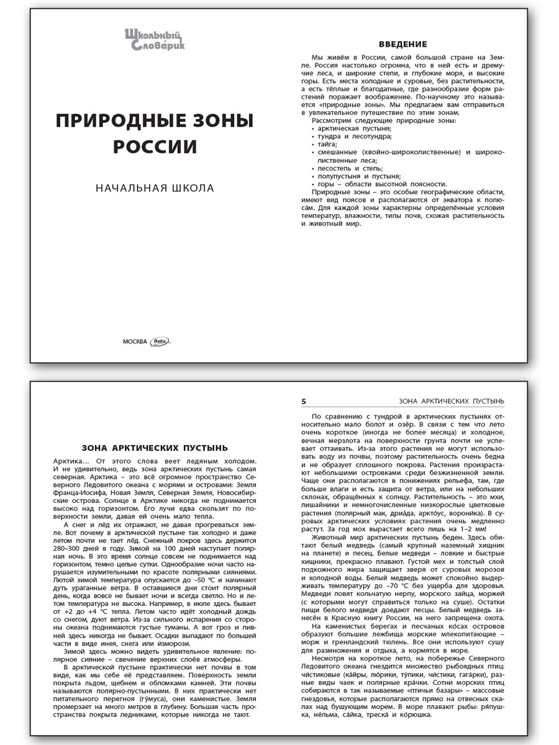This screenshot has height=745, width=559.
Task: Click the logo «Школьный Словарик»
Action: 154,38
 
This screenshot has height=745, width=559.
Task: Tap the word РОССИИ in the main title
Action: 155,147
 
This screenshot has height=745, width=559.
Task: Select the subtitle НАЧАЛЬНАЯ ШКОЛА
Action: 155,188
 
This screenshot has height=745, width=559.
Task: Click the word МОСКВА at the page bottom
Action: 136,341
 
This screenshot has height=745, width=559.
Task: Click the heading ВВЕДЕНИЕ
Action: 402,44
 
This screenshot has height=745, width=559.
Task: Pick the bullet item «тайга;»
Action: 327,143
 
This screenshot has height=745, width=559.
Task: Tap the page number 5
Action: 304,401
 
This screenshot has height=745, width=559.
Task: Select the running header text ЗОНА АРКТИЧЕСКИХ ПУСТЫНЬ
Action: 451,401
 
